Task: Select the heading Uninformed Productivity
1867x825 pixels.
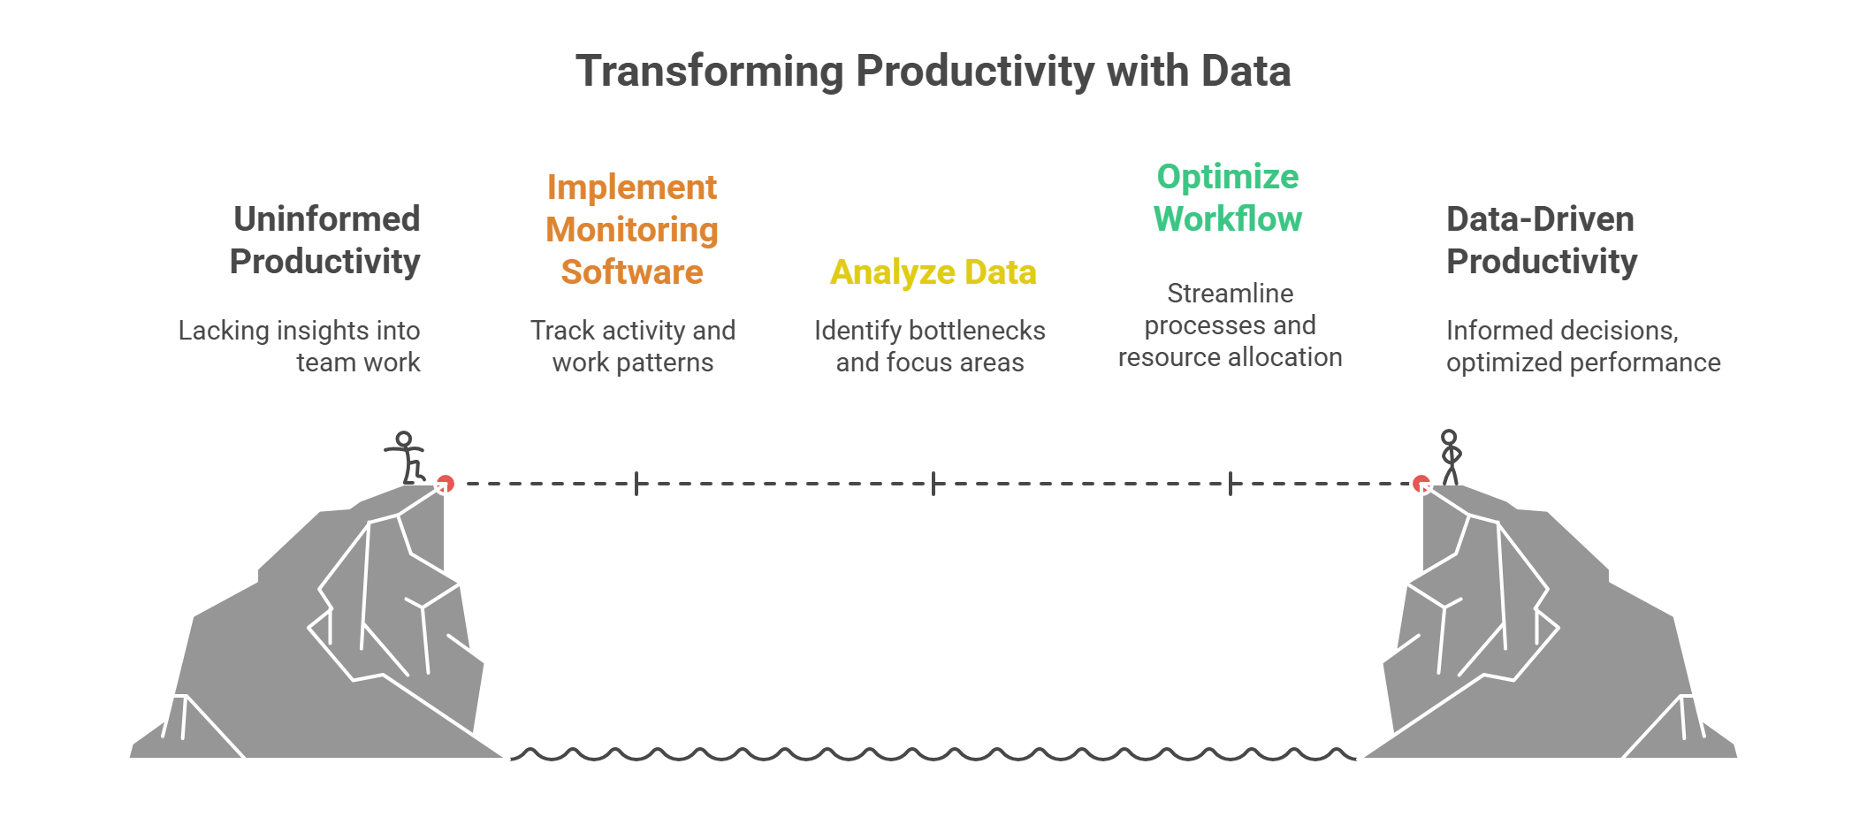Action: [325, 241]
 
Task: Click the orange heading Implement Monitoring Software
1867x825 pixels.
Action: [632, 230]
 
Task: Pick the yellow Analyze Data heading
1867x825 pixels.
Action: [933, 272]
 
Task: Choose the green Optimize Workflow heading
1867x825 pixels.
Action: [1228, 198]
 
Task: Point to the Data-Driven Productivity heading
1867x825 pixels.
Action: [1541, 241]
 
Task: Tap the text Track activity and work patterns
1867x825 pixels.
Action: [633, 346]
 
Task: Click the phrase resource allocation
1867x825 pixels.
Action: [1230, 357]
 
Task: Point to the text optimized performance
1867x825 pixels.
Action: [1582, 363]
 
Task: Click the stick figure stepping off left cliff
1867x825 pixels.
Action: [406, 458]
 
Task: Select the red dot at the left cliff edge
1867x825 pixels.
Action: [446, 484]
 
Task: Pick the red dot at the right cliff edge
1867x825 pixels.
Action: [1421, 484]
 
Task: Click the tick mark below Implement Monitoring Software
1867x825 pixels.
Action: [636, 484]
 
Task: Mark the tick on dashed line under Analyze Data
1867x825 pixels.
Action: [933, 484]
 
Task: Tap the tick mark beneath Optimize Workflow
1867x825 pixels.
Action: [1231, 484]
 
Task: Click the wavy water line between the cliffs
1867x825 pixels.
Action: [933, 755]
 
